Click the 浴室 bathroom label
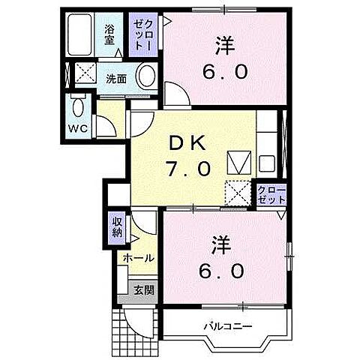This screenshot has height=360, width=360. [x=110, y=35]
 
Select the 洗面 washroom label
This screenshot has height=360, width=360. [x=115, y=78]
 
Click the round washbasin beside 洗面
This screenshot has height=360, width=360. [x=147, y=76]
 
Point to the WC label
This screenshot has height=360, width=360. [x=78, y=128]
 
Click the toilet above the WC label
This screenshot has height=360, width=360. [x=76, y=108]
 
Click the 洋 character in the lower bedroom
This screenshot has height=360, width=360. [x=219, y=243]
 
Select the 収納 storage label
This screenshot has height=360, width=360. [x=118, y=226]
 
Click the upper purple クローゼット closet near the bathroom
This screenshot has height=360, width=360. [x=140, y=35]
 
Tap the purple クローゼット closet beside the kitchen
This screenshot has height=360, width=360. [x=270, y=196]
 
